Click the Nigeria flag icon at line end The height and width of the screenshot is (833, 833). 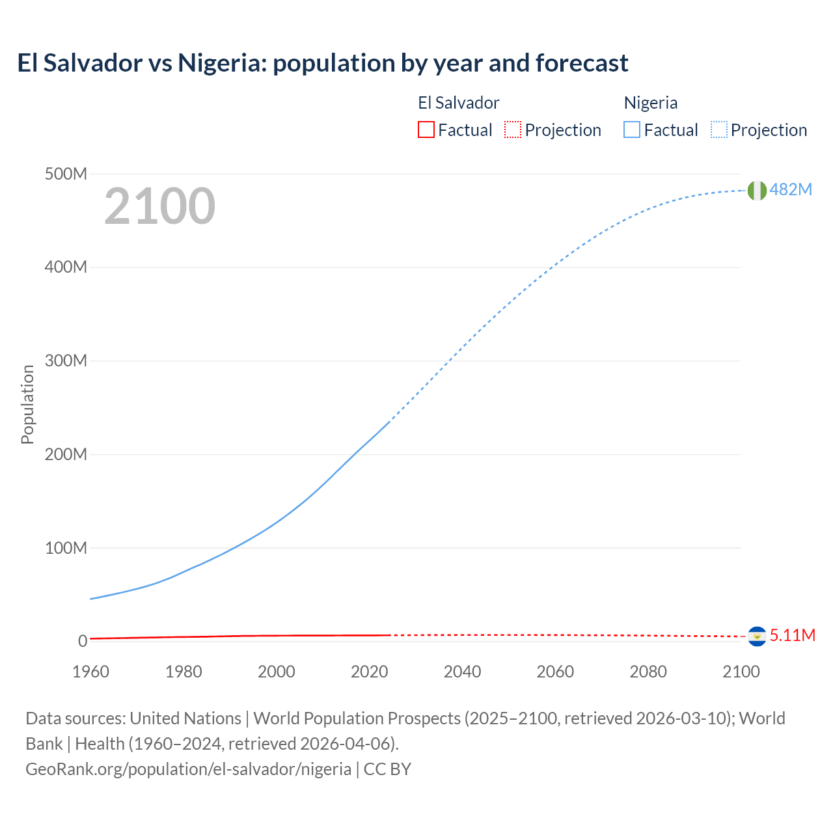tap(756, 190)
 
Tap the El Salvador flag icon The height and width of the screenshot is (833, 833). tap(757, 636)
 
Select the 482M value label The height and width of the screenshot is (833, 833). tap(791, 189)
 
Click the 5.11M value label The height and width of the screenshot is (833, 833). tap(792, 635)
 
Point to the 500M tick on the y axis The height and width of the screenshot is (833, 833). tap(66, 174)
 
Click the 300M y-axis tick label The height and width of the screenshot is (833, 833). tap(66, 361)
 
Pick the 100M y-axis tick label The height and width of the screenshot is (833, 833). tap(66, 548)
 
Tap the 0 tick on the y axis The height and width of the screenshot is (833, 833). tap(83, 641)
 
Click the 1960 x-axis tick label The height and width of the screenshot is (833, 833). tap(90, 672)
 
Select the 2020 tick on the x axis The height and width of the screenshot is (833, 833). tap(369, 672)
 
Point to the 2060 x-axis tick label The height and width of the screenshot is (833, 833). tap(555, 672)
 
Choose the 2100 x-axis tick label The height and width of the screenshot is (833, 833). tap(741, 672)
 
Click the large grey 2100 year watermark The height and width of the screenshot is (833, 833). tap(159, 206)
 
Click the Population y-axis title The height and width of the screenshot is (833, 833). tap(27, 404)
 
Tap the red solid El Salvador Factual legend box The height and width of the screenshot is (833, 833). tap(426, 130)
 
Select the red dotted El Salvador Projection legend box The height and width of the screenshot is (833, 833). tap(513, 130)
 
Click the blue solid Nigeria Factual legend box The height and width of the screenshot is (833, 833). tap(632, 130)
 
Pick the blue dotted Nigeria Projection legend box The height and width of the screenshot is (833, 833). tap(718, 130)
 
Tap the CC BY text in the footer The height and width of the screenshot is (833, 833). tap(387, 769)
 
